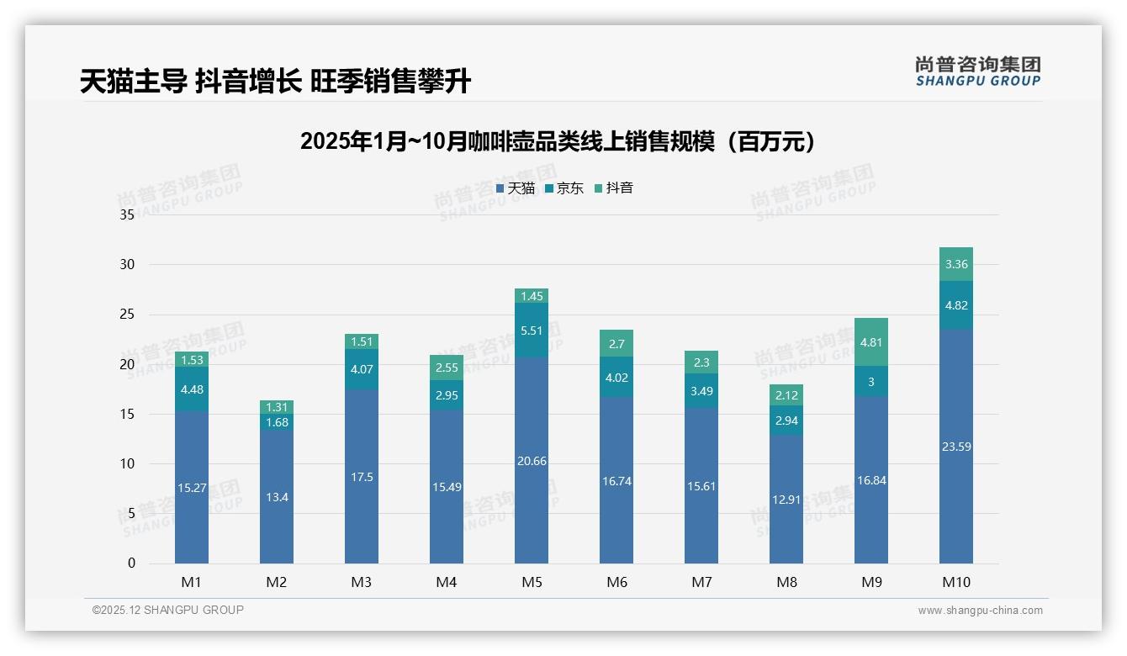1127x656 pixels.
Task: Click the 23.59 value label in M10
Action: pyautogui.click(x=955, y=447)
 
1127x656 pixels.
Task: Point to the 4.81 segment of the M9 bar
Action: pyautogui.click(x=870, y=342)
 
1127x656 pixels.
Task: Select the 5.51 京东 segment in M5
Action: pyautogui.click(x=531, y=331)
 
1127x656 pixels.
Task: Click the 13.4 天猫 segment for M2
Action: pyautogui.click(x=276, y=497)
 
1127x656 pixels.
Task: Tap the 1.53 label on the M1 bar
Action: pyautogui.click(x=191, y=360)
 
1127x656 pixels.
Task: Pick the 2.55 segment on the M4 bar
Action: pyautogui.click(x=446, y=368)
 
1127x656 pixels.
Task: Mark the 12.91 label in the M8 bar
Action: pyautogui.click(x=786, y=499)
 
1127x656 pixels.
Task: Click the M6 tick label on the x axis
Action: pyautogui.click(x=616, y=582)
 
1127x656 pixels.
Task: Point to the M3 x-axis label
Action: pyautogui.click(x=361, y=582)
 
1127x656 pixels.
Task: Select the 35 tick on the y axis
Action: pyautogui.click(x=127, y=214)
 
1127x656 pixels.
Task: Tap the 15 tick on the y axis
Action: pyautogui.click(x=127, y=414)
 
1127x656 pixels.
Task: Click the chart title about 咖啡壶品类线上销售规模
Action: pyautogui.click(x=558, y=141)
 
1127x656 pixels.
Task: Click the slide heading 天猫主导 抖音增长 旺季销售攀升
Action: pyautogui.click(x=275, y=82)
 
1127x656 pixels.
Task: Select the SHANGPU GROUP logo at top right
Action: pyautogui.click(x=977, y=71)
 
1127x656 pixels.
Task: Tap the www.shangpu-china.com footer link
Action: pyautogui.click(x=980, y=611)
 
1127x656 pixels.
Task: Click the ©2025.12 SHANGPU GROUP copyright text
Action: pyautogui.click(x=167, y=610)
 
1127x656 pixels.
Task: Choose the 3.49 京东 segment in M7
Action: pyautogui.click(x=701, y=391)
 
